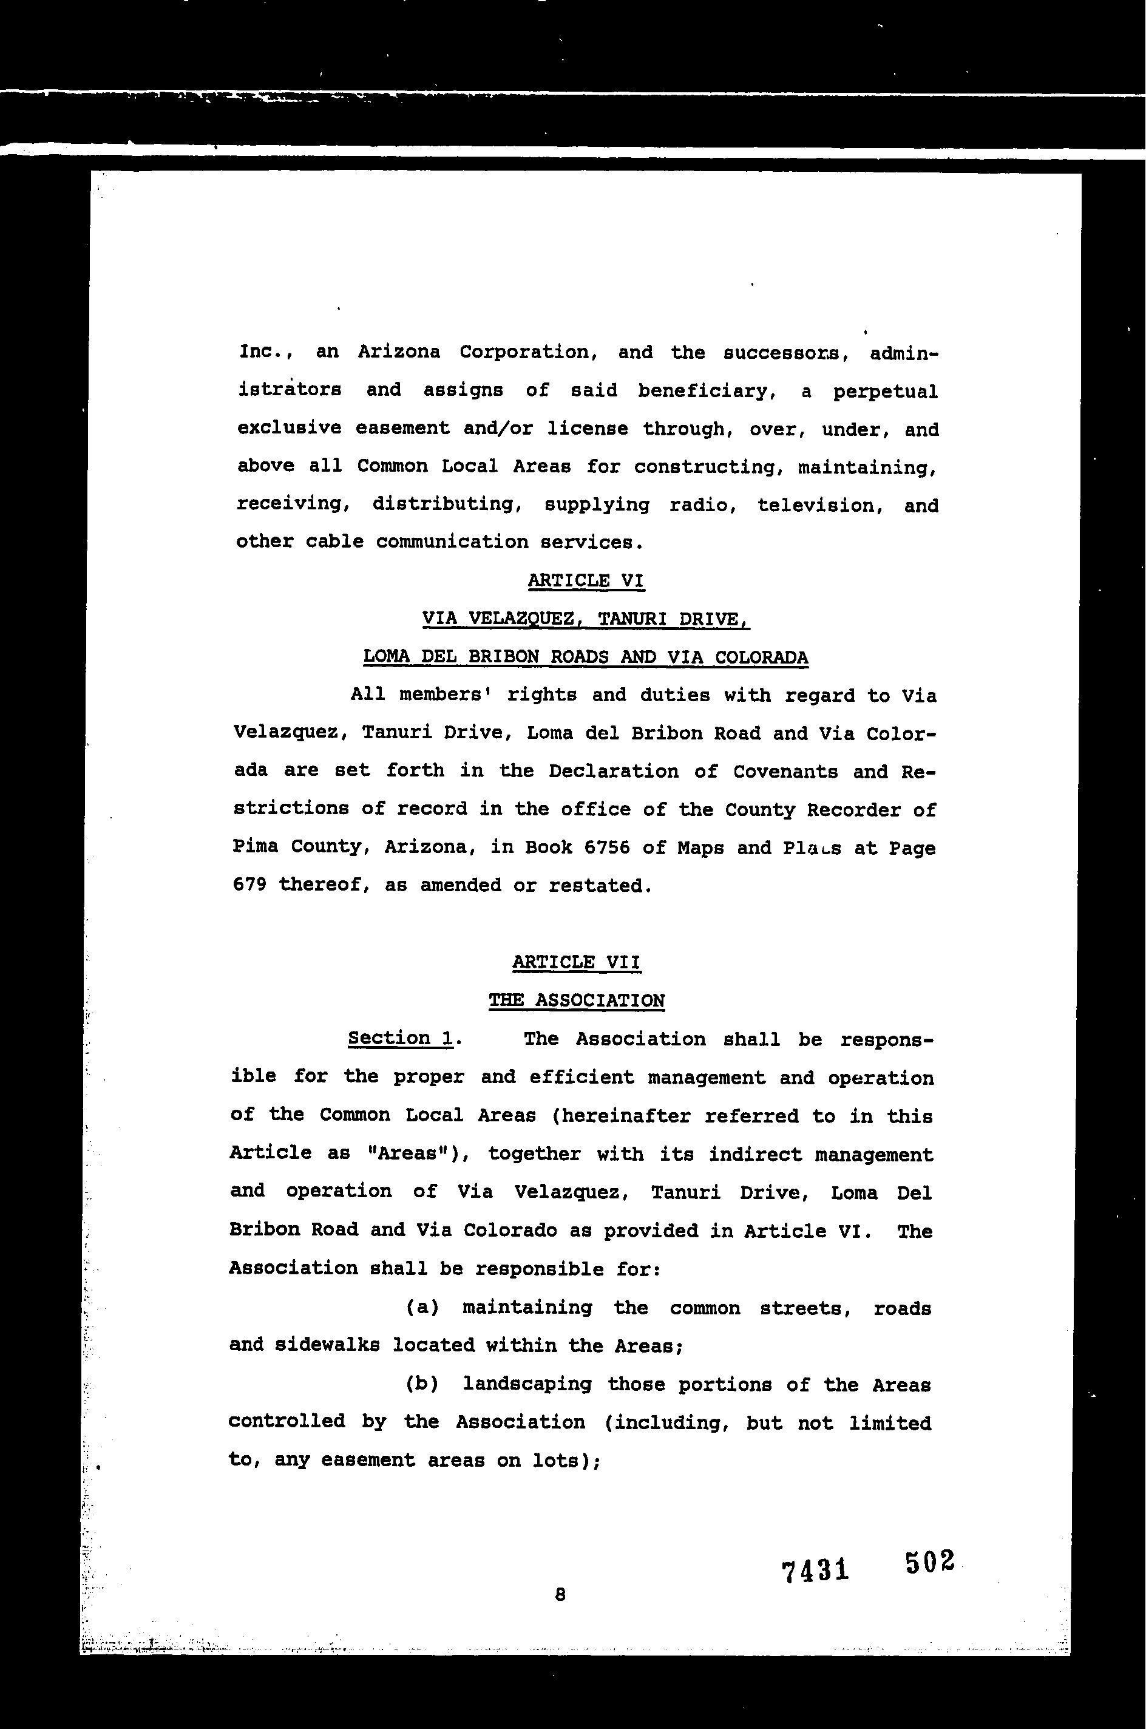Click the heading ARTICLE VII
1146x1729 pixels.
click(576, 962)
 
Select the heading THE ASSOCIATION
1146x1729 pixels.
click(577, 1000)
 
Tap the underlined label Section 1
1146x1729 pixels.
click(401, 1038)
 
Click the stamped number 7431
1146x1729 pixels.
click(815, 1570)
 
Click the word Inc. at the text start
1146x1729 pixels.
click(265, 352)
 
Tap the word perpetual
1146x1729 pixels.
click(885, 392)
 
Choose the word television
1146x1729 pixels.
click(816, 505)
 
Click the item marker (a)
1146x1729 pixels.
click(422, 1307)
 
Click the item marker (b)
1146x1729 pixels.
click(422, 1384)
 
